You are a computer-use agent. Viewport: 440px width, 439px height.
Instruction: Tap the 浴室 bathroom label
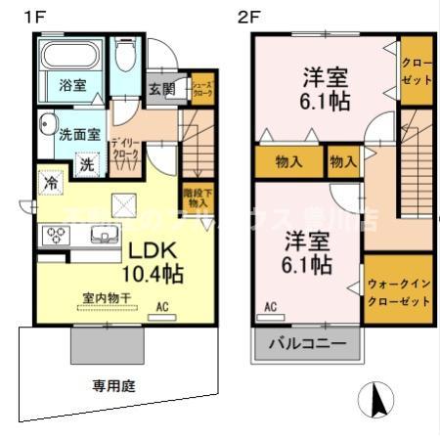click(x=70, y=84)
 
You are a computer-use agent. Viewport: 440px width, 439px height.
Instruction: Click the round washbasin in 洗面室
click(x=48, y=124)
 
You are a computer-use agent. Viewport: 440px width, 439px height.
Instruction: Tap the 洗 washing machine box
click(x=86, y=165)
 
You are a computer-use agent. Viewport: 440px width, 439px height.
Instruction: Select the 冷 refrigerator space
click(x=48, y=183)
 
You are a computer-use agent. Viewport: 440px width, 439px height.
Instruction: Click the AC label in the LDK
click(x=162, y=307)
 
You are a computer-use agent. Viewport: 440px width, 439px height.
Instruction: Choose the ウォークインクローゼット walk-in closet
click(x=398, y=290)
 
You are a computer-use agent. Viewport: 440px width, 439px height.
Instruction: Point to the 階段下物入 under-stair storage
click(x=194, y=196)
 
